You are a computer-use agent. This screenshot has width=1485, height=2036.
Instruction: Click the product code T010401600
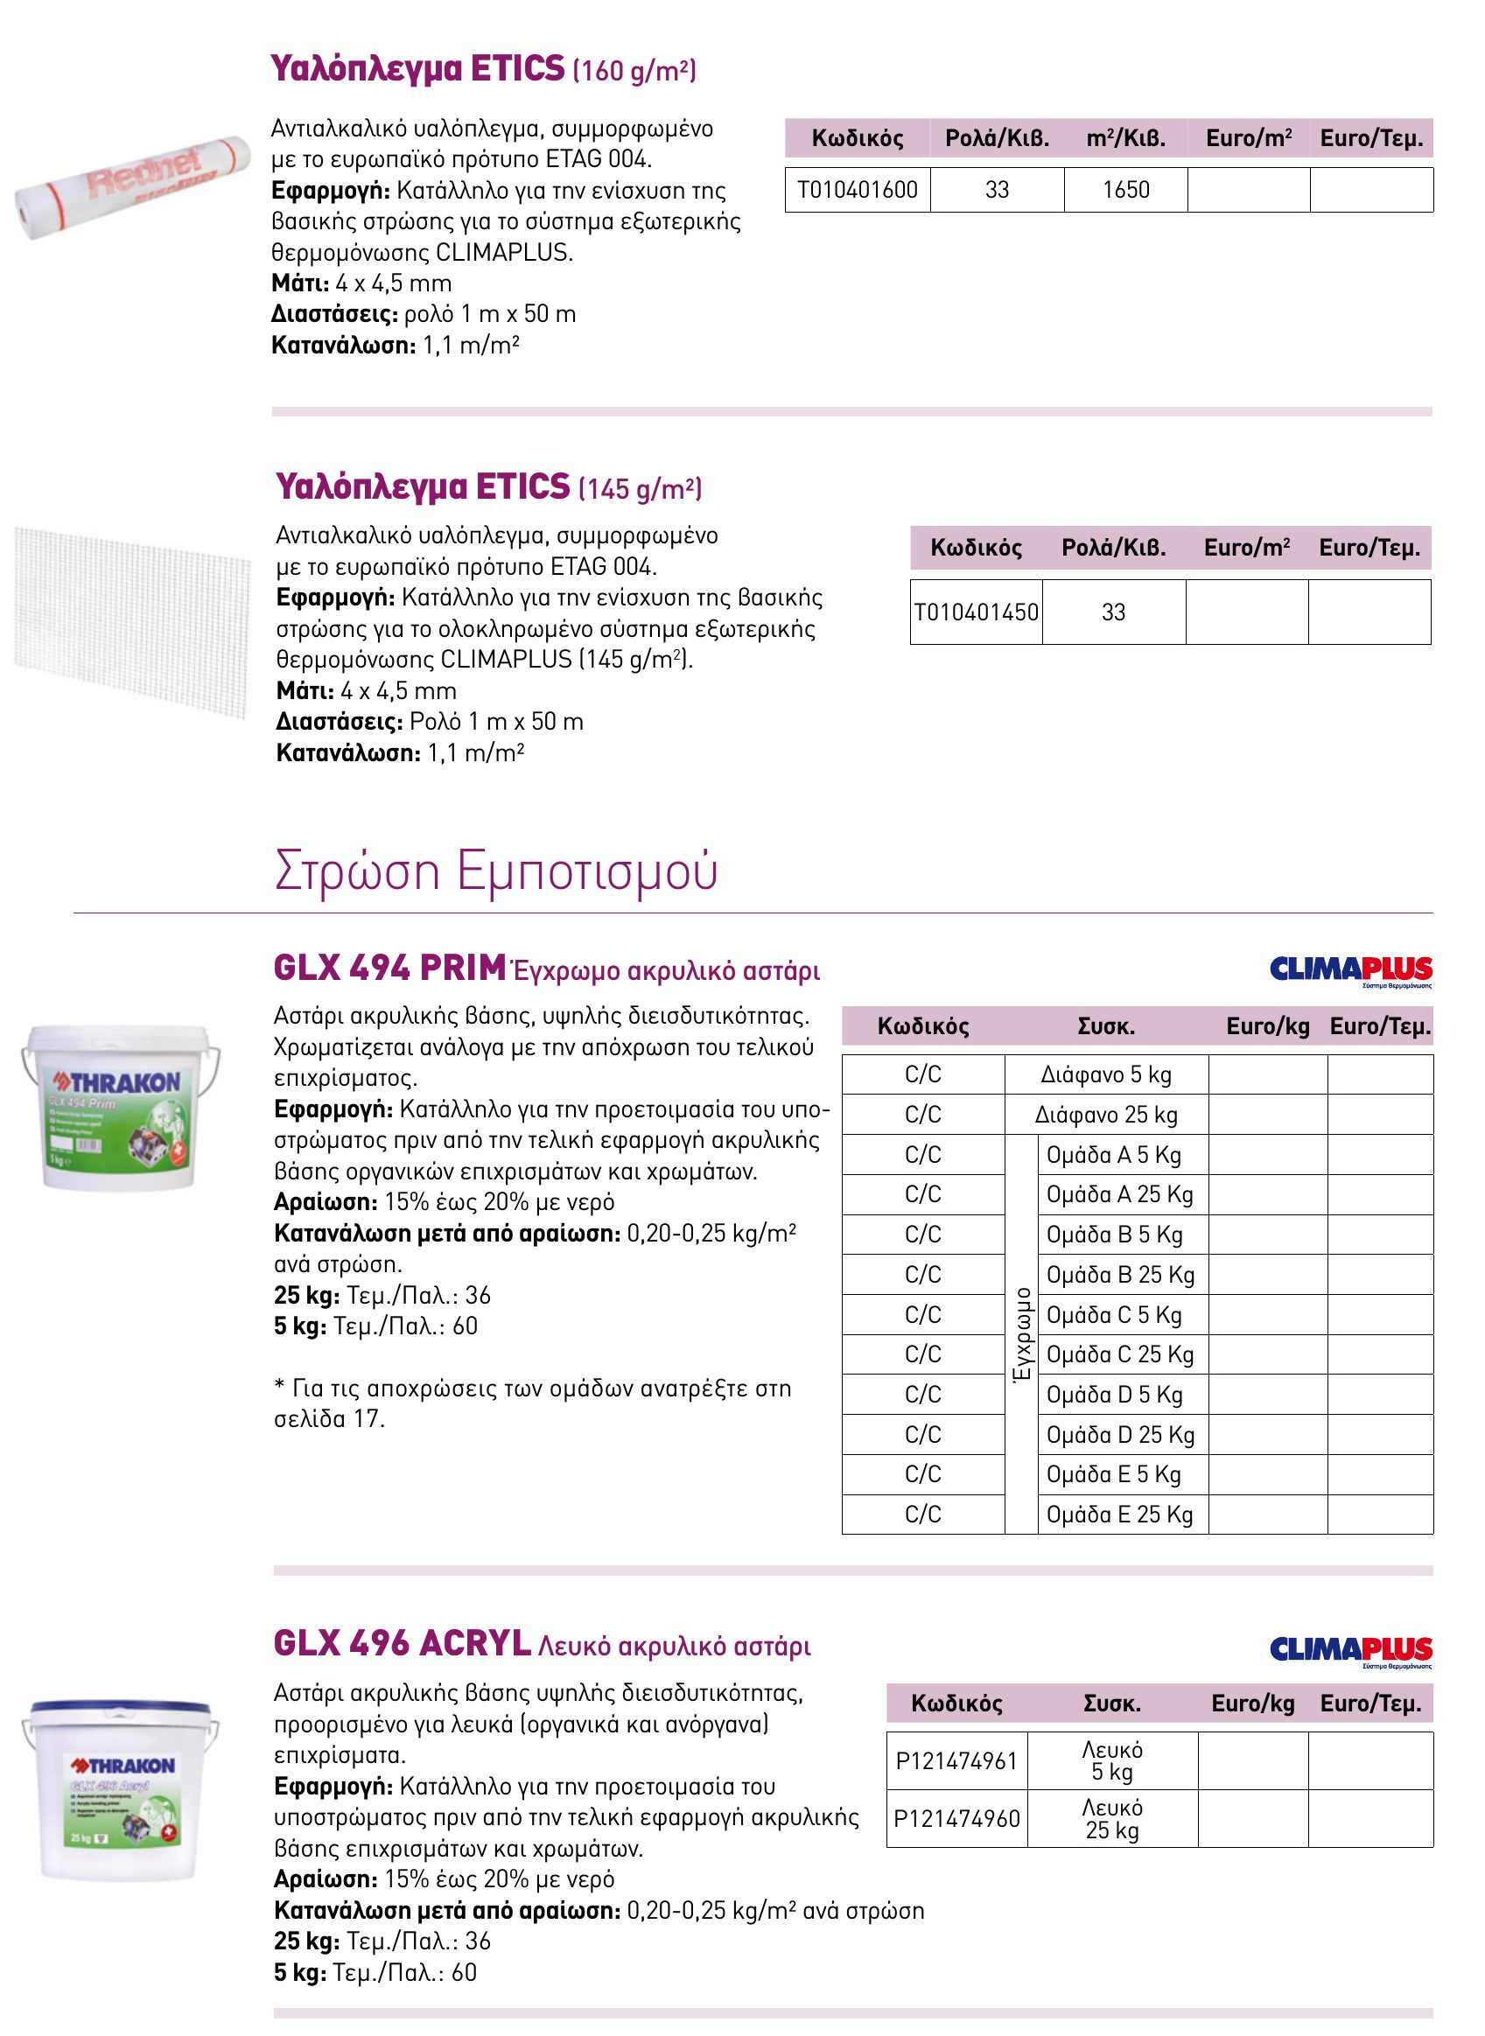(857, 190)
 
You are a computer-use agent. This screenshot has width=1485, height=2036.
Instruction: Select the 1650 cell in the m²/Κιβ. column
(1125, 190)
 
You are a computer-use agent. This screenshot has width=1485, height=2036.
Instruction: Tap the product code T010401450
(977, 612)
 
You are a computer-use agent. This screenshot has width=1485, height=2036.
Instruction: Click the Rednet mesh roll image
(131, 186)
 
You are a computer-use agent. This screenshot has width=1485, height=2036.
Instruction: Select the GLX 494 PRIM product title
(389, 968)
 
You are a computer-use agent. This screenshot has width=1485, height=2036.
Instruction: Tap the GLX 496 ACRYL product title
(402, 1643)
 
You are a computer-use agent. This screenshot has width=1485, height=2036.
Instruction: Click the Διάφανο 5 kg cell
(1106, 1074)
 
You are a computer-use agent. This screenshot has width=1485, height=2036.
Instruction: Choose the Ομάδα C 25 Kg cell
(1120, 1354)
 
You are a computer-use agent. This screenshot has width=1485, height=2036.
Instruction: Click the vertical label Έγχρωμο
(1021, 1334)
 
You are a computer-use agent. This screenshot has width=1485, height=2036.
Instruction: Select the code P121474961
(956, 1761)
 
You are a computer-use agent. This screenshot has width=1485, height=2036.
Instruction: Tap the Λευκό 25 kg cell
(1112, 1819)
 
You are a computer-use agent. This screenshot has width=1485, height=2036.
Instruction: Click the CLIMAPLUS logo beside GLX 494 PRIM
(1350, 971)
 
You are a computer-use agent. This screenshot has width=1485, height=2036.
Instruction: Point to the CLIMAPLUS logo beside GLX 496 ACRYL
(1350, 1650)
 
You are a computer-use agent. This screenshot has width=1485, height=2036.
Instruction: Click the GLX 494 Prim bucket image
(121, 1106)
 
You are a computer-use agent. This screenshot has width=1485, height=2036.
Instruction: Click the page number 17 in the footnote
(368, 1418)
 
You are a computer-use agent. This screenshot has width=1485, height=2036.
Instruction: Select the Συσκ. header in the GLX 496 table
(1112, 1704)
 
